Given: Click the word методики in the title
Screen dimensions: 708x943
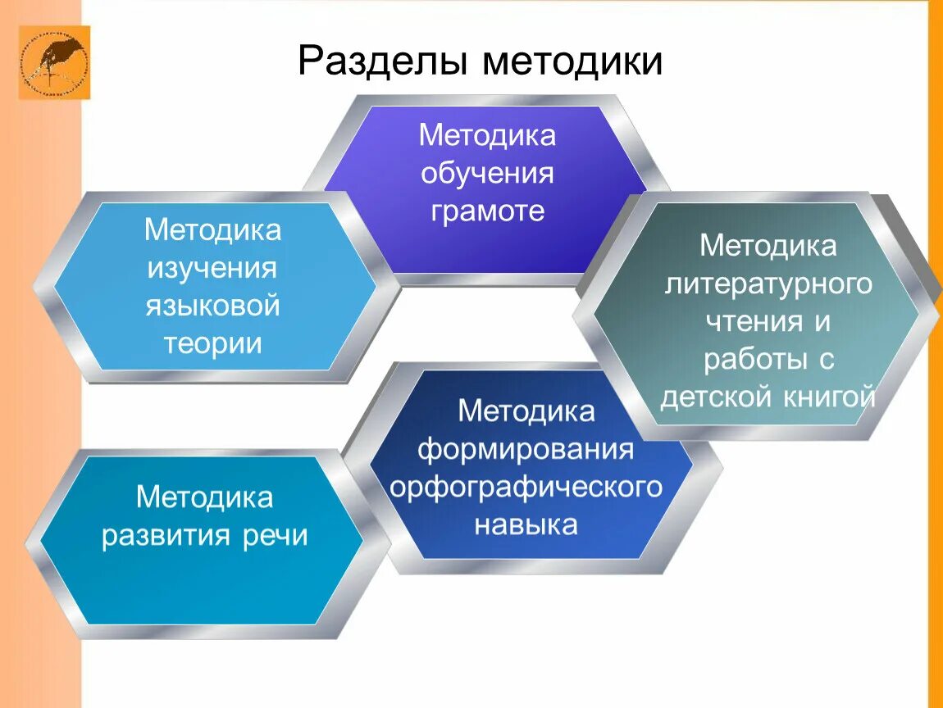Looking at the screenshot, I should click(x=572, y=61).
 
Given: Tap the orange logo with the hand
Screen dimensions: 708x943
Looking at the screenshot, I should click(x=54, y=62).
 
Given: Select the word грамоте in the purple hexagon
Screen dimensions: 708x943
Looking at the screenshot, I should click(x=487, y=211).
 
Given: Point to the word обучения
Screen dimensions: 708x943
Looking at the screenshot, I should click(x=487, y=174).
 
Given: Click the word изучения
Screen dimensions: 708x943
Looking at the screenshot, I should click(x=212, y=268).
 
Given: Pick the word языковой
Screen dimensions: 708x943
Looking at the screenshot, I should click(x=212, y=306).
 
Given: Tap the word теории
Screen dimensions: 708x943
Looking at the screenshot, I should click(x=212, y=343).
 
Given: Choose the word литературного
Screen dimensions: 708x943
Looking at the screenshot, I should click(x=768, y=284).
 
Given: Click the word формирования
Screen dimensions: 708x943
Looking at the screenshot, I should click(x=526, y=449).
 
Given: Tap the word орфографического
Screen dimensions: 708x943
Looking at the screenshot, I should click(x=526, y=487).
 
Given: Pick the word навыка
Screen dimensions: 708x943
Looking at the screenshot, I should click(x=526, y=524).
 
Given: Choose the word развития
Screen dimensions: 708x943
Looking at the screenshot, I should click(x=167, y=536).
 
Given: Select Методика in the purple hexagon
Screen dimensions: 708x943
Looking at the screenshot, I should click(x=487, y=135).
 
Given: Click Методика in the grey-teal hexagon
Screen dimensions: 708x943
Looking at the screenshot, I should click(x=768, y=245).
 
